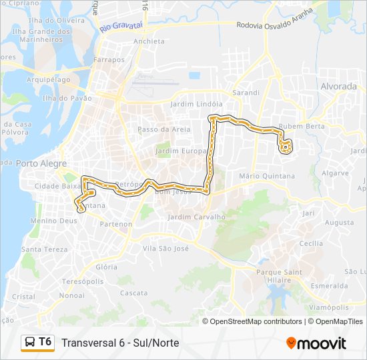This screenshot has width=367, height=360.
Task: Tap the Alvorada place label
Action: pyautogui.click(x=339, y=87)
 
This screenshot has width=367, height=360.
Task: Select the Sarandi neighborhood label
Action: pyautogui.click(x=245, y=93)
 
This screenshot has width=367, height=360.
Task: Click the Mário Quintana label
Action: pyautogui.click(x=267, y=176)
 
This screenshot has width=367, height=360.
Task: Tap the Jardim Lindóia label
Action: pyautogui.click(x=196, y=104)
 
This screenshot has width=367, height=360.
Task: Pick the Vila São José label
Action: pyautogui.click(x=166, y=248)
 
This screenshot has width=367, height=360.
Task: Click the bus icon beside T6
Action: pyautogui.click(x=30, y=343)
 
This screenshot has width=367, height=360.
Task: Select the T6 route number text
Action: pyautogui.click(x=45, y=342)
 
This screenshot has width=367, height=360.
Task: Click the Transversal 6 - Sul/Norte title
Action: pyautogui.click(x=120, y=343)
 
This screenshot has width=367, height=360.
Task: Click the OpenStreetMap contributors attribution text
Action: pyautogui.click(x=256, y=321)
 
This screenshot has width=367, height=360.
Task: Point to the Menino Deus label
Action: pyautogui.click(x=54, y=221)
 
